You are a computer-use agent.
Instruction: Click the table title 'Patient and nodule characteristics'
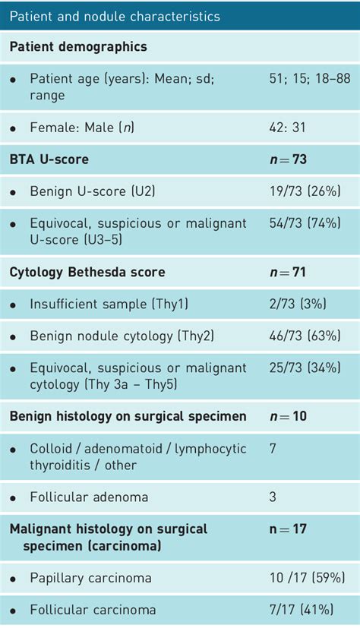[x=115, y=16]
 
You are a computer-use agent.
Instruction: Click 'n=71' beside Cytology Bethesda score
[x=288, y=273]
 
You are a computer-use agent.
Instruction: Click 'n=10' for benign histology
[x=289, y=416]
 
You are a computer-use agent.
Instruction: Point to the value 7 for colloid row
[x=273, y=448]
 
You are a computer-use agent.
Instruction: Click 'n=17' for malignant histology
[x=288, y=529]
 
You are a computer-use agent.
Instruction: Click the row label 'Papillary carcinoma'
[x=90, y=578]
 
